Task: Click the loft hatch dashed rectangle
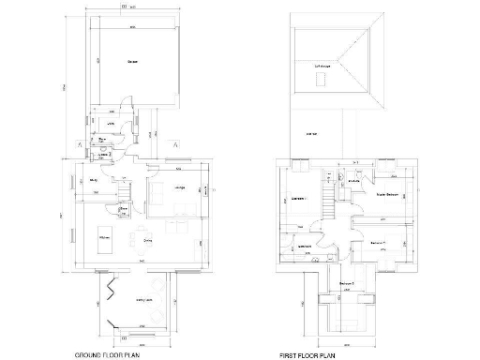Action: point(322,81)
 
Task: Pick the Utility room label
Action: point(110,124)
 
